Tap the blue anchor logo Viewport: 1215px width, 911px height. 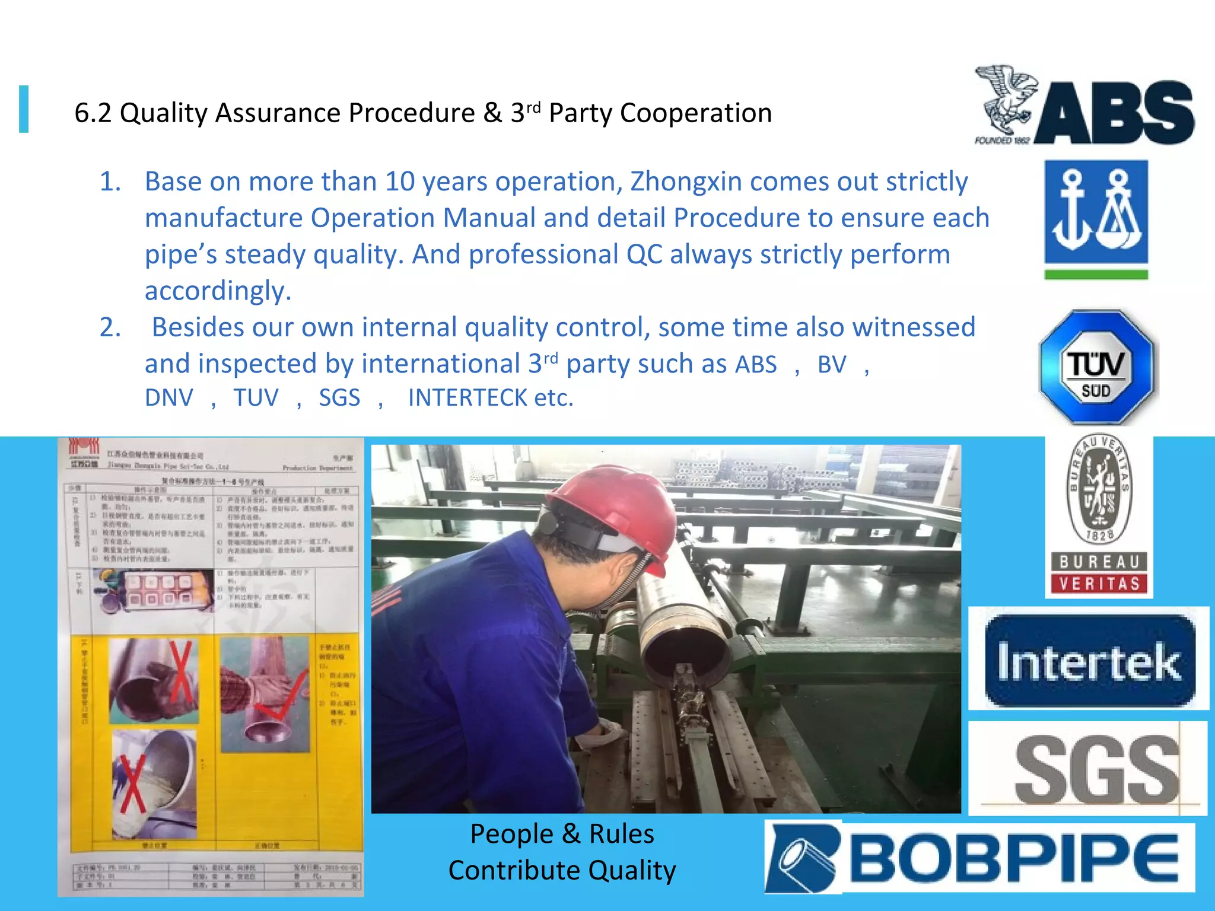1096,212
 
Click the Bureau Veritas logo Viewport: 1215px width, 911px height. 1099,515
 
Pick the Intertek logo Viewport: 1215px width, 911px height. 1089,660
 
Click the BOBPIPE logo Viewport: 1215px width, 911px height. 979,857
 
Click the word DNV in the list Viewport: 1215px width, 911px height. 169,398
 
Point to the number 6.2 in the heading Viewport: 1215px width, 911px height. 93,113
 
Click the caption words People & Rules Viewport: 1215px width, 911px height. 562,834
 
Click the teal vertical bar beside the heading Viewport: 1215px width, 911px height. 24,109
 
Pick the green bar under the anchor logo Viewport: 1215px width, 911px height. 1096,275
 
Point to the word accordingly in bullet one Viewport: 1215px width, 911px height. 218,291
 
